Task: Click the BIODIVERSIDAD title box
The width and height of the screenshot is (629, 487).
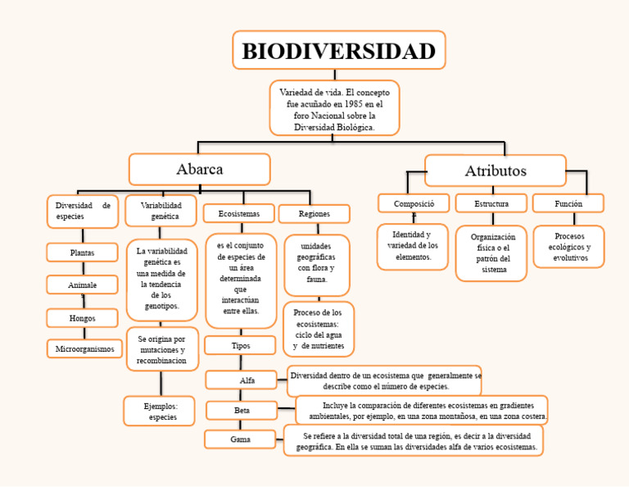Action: click(x=338, y=51)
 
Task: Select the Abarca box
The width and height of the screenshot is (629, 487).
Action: click(x=199, y=170)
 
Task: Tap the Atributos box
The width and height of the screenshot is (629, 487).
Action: click(x=496, y=171)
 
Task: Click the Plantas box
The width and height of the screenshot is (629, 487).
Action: click(x=82, y=253)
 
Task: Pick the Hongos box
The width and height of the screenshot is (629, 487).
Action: click(x=82, y=318)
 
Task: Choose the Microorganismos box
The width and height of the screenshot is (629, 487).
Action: click(x=84, y=349)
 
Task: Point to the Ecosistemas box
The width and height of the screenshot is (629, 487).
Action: click(x=239, y=213)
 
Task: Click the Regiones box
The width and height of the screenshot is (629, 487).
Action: click(x=314, y=213)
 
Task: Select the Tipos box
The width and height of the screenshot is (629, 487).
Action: click(x=241, y=345)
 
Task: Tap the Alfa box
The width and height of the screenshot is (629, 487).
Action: click(x=247, y=380)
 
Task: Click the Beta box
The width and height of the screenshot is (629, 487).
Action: click(x=242, y=410)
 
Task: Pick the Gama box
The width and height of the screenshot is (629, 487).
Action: click(x=240, y=440)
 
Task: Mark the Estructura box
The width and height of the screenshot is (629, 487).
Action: click(x=491, y=203)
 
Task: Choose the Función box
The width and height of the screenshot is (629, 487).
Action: click(x=568, y=203)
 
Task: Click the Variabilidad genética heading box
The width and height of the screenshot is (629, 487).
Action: click(x=161, y=210)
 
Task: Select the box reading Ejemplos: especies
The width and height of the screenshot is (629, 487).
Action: click(x=160, y=412)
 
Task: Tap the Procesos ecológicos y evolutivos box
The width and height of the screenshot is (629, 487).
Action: click(x=569, y=247)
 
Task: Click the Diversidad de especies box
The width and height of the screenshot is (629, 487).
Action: click(x=83, y=211)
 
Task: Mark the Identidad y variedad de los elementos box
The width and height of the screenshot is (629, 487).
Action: click(x=413, y=246)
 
